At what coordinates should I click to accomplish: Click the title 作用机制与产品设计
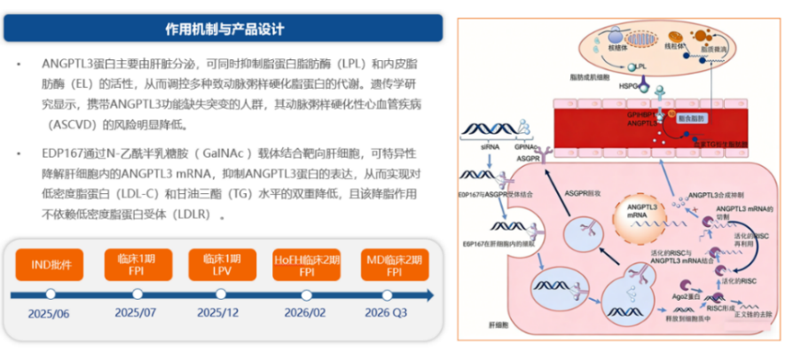pyautogui.click(x=224, y=29)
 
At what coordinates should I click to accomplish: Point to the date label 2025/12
pyautogui.click(x=218, y=313)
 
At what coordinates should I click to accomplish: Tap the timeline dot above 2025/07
pyautogui.click(x=135, y=293)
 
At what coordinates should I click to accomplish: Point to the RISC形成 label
pyautogui.click(x=719, y=306)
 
